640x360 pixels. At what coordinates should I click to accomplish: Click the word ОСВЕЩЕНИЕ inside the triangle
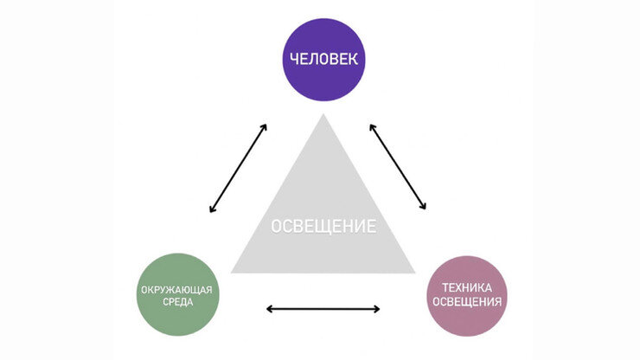[323, 227]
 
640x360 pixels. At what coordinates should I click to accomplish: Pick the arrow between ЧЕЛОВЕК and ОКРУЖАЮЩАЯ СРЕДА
[238, 168]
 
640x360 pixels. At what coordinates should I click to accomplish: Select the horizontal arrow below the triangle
[323, 308]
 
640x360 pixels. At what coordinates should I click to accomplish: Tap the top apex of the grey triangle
[323, 115]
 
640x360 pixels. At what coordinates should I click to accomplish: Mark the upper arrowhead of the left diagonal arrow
[264, 126]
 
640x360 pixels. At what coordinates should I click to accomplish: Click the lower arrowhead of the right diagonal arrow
[424, 208]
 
